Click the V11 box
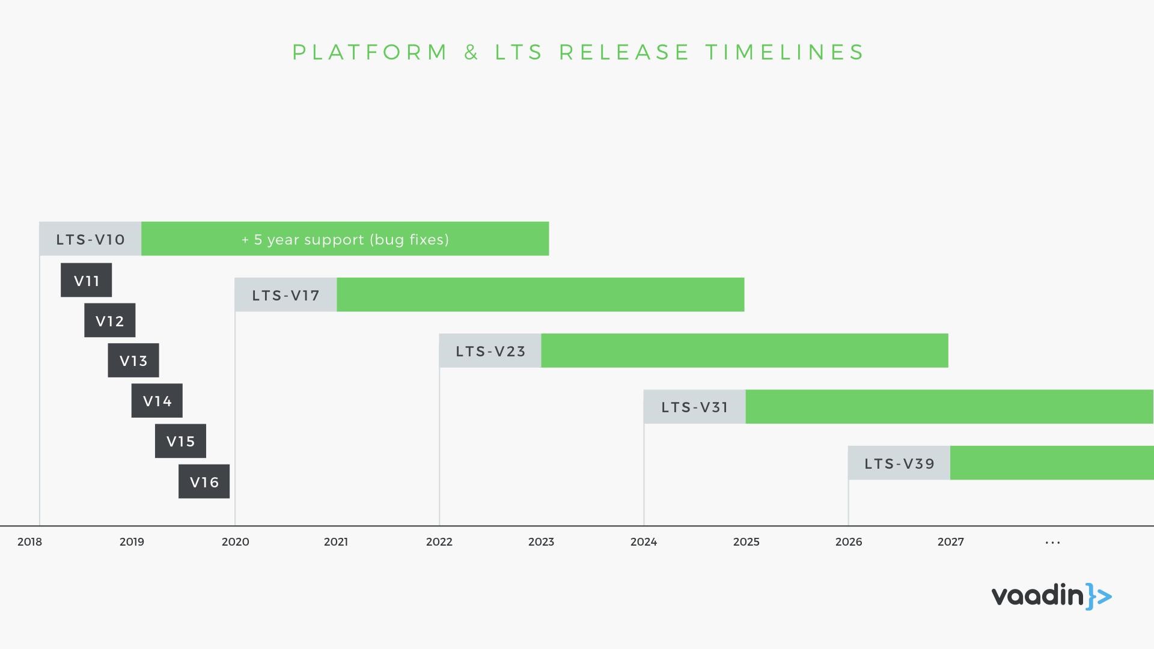pyautogui.click(x=86, y=280)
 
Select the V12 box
pyautogui.click(x=109, y=320)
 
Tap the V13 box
pyautogui.click(x=133, y=361)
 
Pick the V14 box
pyautogui.click(x=157, y=401)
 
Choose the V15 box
pyautogui.click(x=180, y=441)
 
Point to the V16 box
pyautogui.click(x=204, y=481)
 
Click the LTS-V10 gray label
pyautogui.click(x=90, y=239)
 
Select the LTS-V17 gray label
pyautogui.click(x=285, y=294)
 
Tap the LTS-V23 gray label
pyautogui.click(x=490, y=350)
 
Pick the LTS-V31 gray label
pyautogui.click(x=694, y=407)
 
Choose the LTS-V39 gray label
pyautogui.click(x=899, y=463)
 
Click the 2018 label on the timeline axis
pyautogui.click(x=29, y=542)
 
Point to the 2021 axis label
pyautogui.click(x=336, y=542)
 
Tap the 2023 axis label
pyautogui.click(x=541, y=542)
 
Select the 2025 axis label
pyautogui.click(x=746, y=542)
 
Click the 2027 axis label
pyautogui.click(x=951, y=542)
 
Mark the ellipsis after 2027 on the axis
pyautogui.click(x=1052, y=543)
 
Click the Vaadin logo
pyautogui.click(x=1051, y=596)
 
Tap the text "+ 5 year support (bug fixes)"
pyautogui.click(x=345, y=239)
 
